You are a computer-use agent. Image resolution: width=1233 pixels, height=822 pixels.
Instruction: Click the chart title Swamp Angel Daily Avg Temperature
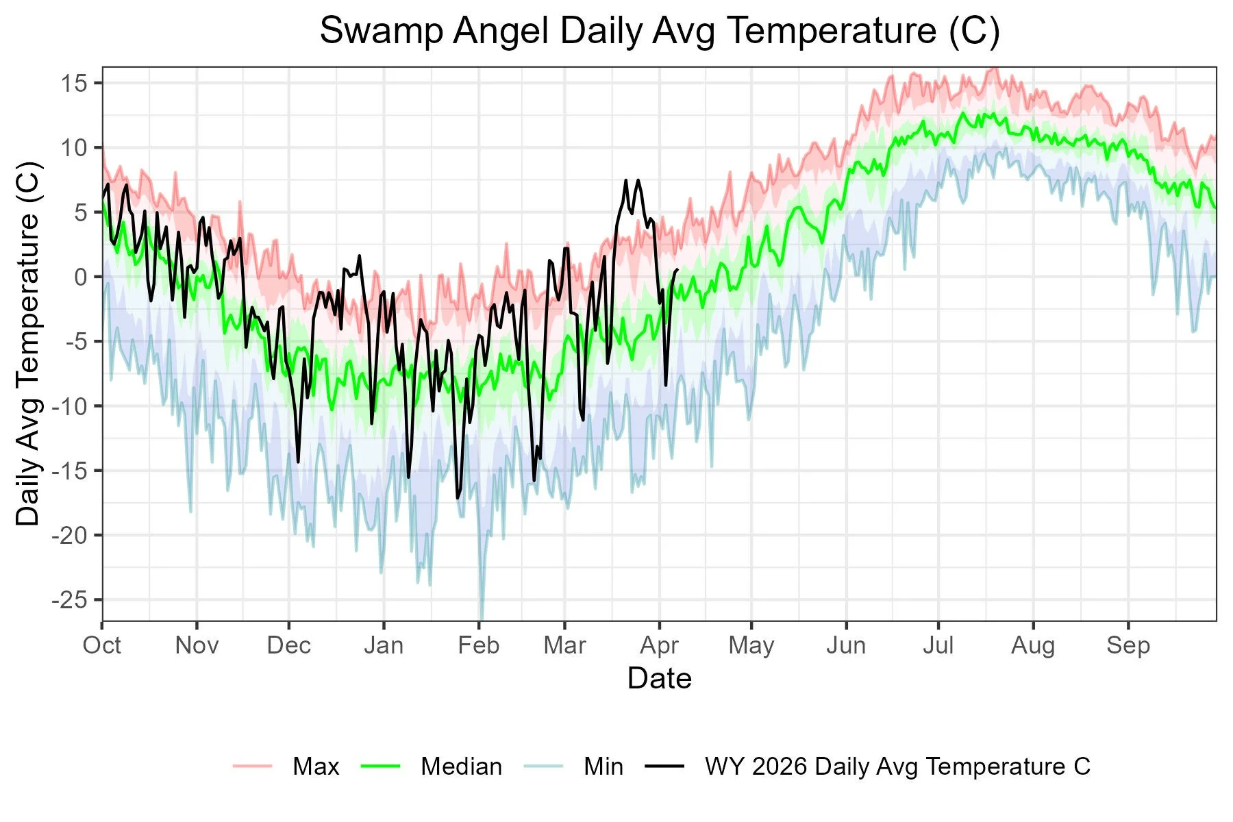click(659, 32)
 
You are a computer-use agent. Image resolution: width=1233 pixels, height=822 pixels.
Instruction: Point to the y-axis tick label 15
click(75, 84)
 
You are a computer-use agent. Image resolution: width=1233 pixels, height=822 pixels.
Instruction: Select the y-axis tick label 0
click(81, 277)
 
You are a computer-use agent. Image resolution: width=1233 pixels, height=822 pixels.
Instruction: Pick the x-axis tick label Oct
click(102, 645)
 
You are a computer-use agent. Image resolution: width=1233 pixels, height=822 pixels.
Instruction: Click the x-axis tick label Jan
click(384, 645)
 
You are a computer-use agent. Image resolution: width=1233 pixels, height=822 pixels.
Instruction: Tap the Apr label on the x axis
click(659, 645)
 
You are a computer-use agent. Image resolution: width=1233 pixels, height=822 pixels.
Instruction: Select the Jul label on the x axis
click(938, 645)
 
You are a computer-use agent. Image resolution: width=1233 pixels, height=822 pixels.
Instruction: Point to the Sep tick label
click(1128, 645)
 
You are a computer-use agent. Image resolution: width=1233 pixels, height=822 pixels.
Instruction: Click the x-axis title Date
click(659, 679)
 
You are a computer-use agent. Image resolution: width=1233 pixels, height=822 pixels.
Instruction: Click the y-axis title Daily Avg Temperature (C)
click(29, 344)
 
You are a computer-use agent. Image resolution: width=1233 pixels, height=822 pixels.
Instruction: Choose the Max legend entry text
click(316, 767)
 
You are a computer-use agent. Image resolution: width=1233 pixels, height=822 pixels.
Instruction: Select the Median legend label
click(461, 767)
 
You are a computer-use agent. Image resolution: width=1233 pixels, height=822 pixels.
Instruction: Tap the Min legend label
click(603, 767)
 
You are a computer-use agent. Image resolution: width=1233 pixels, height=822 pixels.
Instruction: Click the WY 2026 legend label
click(897, 767)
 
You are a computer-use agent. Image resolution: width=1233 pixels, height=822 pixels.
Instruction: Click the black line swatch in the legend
click(664, 767)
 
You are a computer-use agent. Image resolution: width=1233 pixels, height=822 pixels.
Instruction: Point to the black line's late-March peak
click(625, 180)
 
